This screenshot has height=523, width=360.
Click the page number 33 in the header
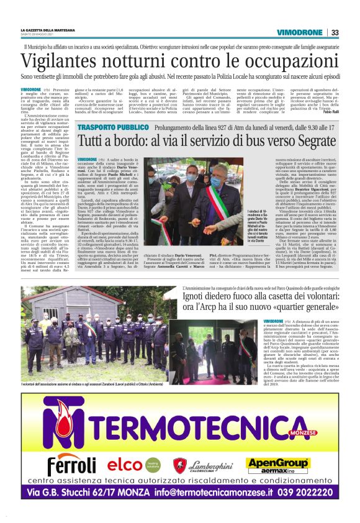(x=335, y=32)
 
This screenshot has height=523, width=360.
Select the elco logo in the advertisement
(x=125, y=464)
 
